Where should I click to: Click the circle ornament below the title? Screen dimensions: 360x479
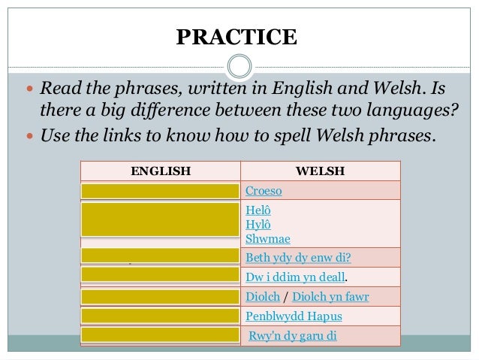(x=239, y=66)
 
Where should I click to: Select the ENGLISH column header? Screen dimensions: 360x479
(x=161, y=171)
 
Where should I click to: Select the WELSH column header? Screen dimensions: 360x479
(x=321, y=171)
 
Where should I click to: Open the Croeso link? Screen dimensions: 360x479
(x=264, y=191)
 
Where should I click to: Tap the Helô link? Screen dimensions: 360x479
(x=258, y=212)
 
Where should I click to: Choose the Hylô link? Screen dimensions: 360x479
(x=258, y=225)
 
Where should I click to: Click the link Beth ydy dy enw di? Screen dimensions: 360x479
(x=298, y=258)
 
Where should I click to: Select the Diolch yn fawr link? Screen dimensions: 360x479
(x=330, y=297)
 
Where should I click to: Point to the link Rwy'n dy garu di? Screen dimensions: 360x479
(x=294, y=335)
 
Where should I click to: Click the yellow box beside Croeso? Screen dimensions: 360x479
(x=161, y=190)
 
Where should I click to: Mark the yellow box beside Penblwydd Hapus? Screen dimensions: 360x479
(x=161, y=315)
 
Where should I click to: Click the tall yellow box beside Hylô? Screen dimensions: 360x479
(x=161, y=219)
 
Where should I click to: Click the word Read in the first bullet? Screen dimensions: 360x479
(x=59, y=91)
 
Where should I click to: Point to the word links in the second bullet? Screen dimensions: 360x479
(x=128, y=137)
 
